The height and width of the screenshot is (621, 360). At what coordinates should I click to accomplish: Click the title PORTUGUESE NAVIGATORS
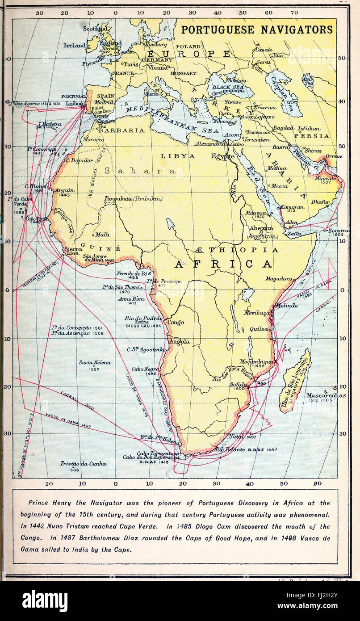pyautogui.click(x=257, y=30)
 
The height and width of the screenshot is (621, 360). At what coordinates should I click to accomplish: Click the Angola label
pyautogui.click(x=180, y=341)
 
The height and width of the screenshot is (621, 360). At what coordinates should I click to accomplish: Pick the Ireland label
pyautogui.click(x=74, y=45)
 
